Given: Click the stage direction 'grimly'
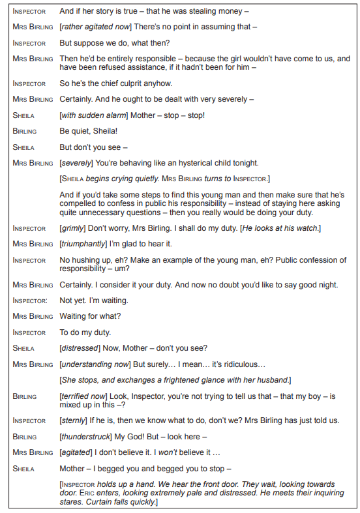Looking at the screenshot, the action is (72, 228).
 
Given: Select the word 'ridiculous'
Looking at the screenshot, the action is (244, 364).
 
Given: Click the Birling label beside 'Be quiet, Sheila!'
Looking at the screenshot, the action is (25, 131).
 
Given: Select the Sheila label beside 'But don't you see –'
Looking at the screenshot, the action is (23, 147).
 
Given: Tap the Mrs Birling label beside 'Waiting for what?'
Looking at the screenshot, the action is (33, 316).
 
